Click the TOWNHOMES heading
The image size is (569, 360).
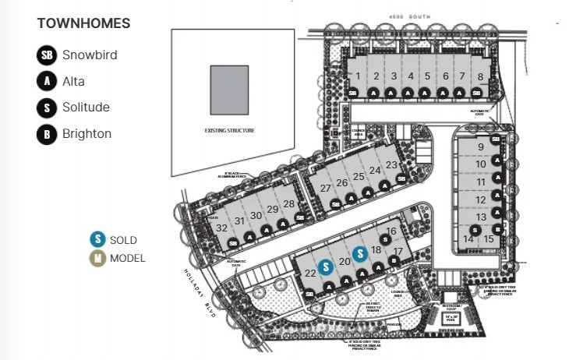coord(83,23)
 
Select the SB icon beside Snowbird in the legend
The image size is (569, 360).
coord(47,55)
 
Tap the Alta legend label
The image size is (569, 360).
coord(73,81)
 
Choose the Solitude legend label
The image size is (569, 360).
coord(86,108)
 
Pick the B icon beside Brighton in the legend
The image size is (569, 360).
coord(47,134)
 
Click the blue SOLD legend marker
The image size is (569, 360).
coord(97,240)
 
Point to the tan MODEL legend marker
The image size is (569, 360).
coord(97,259)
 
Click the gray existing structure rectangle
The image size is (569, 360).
coord(229,90)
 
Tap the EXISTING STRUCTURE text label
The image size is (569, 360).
coord(229,130)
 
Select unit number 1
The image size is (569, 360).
coord(358,76)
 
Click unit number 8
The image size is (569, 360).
coord(480,76)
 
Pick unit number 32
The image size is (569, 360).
coord(222,228)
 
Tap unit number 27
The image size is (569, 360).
coord(325,189)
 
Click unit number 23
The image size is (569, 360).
coord(391,164)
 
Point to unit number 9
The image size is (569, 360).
coord(481,146)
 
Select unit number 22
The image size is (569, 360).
coord(310,272)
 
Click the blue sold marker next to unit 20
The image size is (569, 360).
coord(360,253)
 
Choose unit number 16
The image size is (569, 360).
coord(391,231)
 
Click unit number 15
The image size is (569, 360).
coord(488,238)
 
